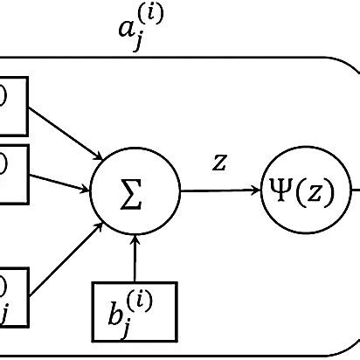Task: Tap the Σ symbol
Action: click(135, 191)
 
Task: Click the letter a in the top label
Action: click(128, 30)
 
